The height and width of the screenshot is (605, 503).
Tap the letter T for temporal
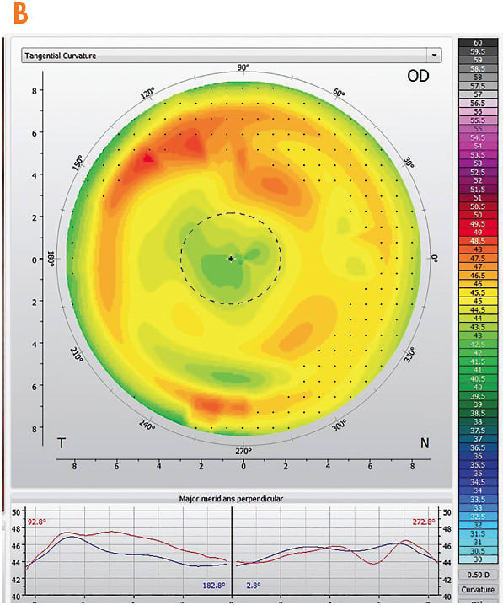pyautogui.click(x=61, y=442)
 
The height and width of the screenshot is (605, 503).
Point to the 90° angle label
pyautogui.click(x=243, y=68)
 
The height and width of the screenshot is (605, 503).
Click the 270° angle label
pyautogui.click(x=243, y=451)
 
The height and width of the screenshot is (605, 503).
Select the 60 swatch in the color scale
pyautogui.click(x=478, y=42)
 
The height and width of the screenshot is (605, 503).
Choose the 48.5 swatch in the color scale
pyautogui.click(x=478, y=241)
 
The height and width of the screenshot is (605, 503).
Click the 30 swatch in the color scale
pyautogui.click(x=478, y=559)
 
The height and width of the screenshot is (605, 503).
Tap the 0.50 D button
pyautogui.click(x=478, y=575)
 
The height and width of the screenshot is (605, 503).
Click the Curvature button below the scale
pyautogui.click(x=478, y=589)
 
